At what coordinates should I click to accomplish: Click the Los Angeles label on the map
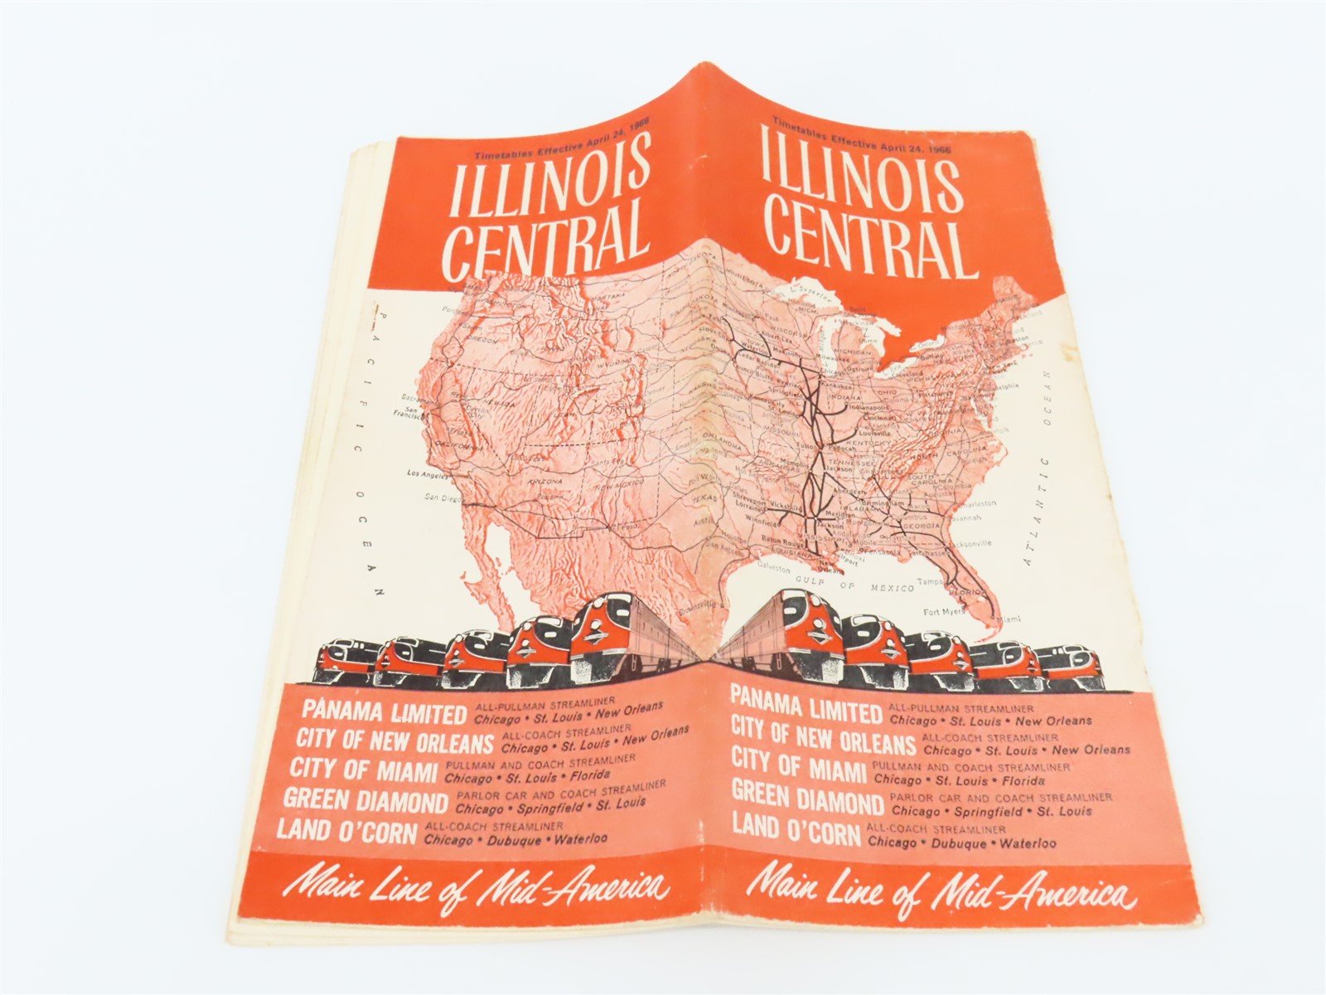tap(427, 474)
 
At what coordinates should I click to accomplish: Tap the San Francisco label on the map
tap(411, 408)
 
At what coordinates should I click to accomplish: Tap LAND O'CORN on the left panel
tap(346, 831)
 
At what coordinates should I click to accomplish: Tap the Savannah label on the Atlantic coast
tap(962, 517)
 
